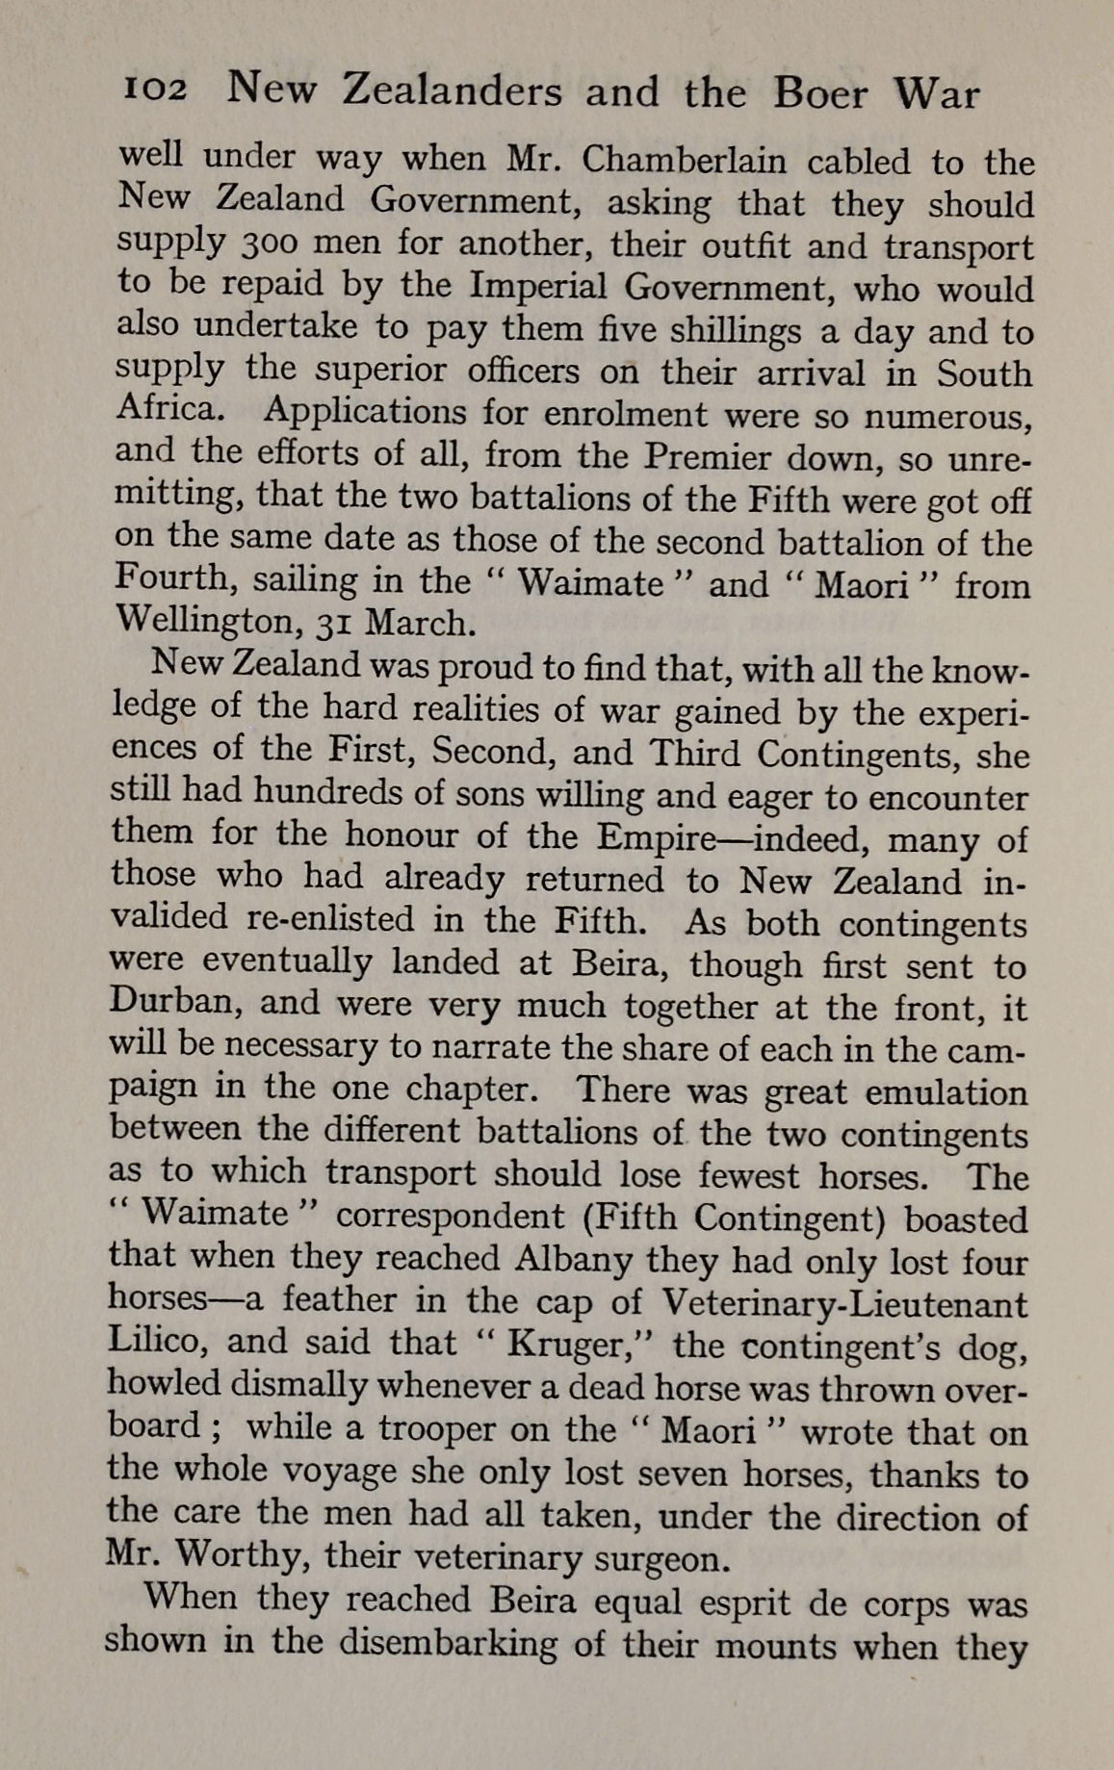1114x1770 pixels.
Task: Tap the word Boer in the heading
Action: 821,94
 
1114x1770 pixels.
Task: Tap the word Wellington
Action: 208,623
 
